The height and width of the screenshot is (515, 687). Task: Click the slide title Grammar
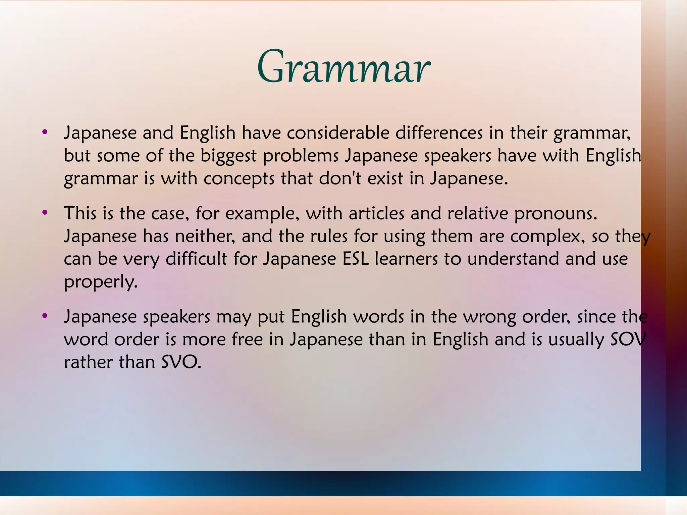coord(343,67)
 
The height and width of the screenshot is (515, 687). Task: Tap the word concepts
coord(239,178)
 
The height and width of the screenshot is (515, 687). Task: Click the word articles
coord(376,213)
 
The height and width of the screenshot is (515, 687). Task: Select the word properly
coord(101,282)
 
